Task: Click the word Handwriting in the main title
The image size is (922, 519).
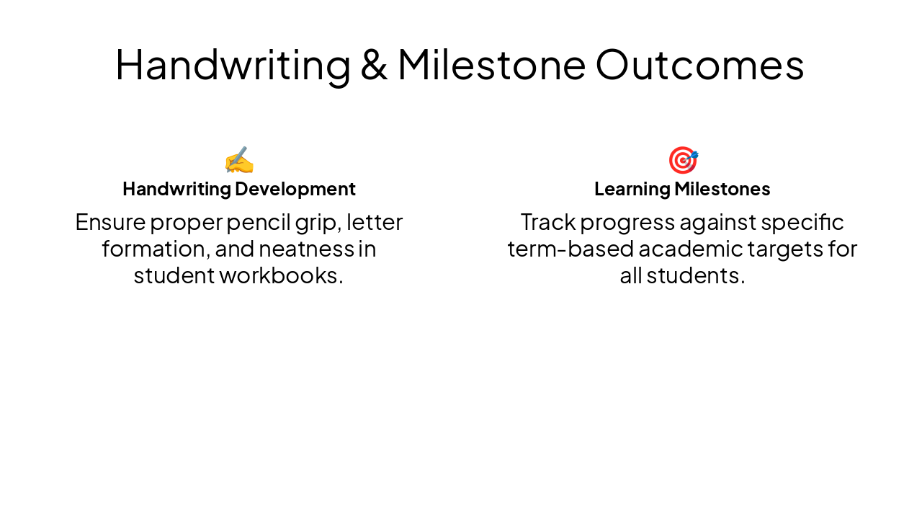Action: [x=232, y=65]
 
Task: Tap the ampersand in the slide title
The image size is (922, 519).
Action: [x=374, y=65]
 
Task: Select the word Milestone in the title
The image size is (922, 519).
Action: [x=491, y=65]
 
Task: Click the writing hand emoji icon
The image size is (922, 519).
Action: [x=239, y=160]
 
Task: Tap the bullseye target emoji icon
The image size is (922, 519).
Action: [x=682, y=160]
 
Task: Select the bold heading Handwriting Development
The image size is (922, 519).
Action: [x=239, y=189]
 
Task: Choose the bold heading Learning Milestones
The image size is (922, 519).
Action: [x=682, y=189]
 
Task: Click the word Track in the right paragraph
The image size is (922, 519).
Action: [x=547, y=222]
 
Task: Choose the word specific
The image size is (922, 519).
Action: [x=802, y=222]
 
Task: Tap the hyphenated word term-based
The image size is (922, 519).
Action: [x=569, y=249]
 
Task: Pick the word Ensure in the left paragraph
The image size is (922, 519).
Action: [x=110, y=222]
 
